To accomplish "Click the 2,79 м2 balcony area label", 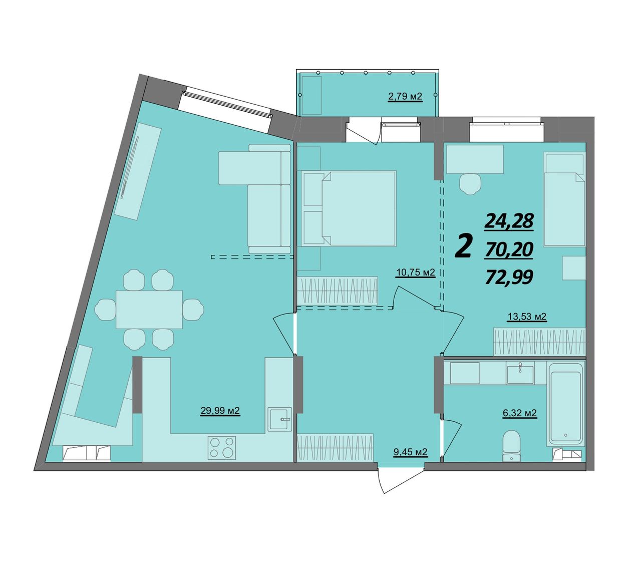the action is point(405,96).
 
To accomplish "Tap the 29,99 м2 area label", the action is point(220,411).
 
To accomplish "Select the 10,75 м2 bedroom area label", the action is point(416,272).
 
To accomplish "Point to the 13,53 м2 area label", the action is point(527,317).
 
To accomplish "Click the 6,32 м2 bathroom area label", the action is point(520,413).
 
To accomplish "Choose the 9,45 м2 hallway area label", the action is point(410,452).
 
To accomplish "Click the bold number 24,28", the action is point(509,221).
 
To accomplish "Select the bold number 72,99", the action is point(509,277).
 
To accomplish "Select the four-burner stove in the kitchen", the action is point(221,447).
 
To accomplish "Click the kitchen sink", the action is point(280,419).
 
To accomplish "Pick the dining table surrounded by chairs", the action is point(149,309).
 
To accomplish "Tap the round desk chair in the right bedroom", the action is point(470,184).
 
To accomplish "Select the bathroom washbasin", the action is point(520,375).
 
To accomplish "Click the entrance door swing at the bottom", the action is point(401,480).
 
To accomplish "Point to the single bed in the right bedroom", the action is point(564,199).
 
